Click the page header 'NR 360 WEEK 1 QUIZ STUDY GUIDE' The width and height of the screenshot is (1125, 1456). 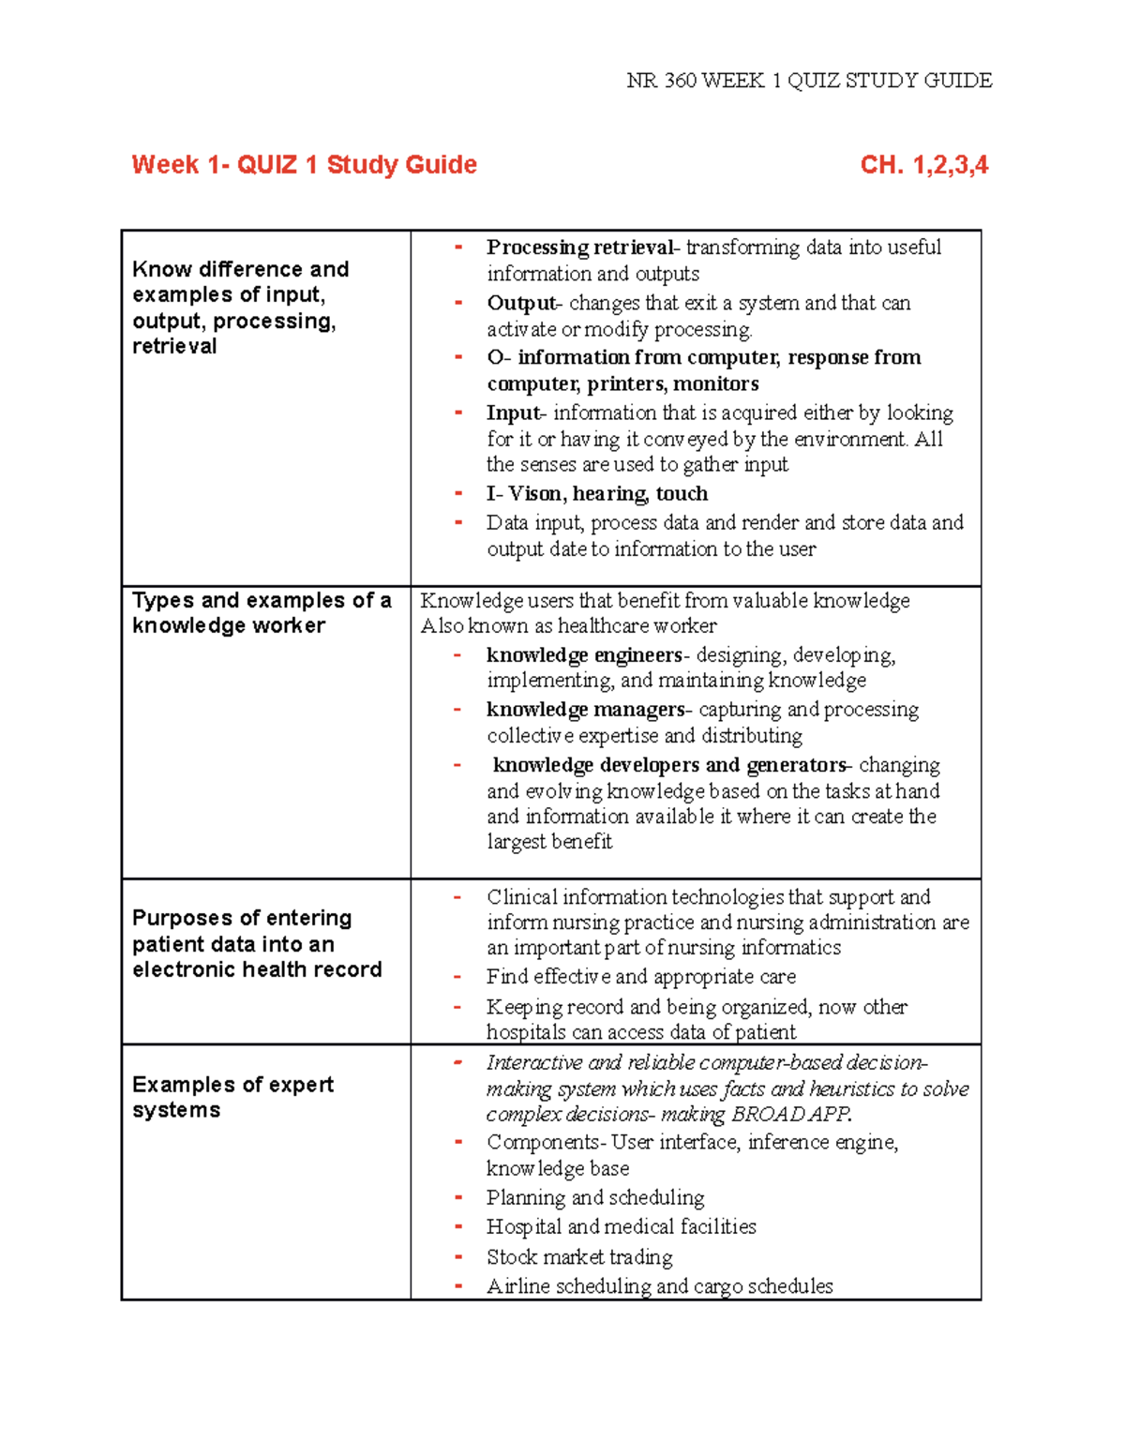[809, 81]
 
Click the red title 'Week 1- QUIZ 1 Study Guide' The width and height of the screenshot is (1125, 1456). [305, 165]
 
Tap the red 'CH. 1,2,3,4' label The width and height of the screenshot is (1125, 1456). [923, 165]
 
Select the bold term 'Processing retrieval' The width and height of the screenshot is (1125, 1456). [579, 248]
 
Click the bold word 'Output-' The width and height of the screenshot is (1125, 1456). [524, 304]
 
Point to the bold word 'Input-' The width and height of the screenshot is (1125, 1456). [515, 413]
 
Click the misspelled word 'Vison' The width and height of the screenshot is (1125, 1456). [536, 494]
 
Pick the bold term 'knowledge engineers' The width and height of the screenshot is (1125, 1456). [584, 654]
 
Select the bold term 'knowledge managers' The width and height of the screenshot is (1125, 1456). [586, 710]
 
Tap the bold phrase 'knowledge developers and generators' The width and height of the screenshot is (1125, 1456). [669, 765]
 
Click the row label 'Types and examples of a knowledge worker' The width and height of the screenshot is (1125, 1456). [262, 613]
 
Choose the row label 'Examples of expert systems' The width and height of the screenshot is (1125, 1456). [232, 1097]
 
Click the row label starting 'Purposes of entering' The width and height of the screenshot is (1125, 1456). [256, 943]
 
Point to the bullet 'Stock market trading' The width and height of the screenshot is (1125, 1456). [579, 1257]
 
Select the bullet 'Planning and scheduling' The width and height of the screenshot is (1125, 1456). [595, 1198]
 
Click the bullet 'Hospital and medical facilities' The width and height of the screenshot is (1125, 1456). [621, 1227]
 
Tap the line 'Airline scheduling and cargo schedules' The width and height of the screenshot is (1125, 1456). [659, 1286]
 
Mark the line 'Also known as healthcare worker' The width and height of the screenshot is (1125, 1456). [568, 626]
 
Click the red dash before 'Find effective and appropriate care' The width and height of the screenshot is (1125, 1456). [457, 977]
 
